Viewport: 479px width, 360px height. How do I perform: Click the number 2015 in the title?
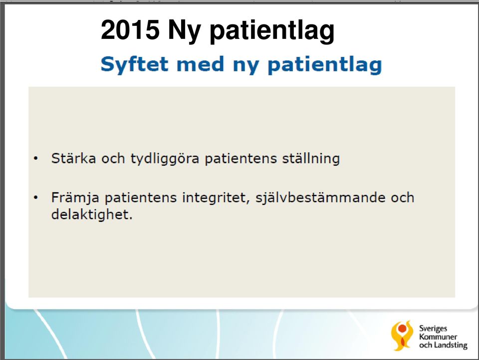coord(130,29)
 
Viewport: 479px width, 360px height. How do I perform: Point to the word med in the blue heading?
coord(201,64)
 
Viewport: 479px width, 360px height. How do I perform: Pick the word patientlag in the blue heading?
coord(325,65)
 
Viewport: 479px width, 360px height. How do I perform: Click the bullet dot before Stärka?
coord(36,159)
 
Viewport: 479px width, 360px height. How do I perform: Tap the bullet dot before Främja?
coord(36,197)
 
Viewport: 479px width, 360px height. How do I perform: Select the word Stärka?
coord(73,158)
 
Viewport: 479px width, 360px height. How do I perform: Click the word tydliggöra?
coord(165,159)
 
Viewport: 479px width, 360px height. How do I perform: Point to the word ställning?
coord(311,159)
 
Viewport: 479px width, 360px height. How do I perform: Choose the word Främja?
coord(75,198)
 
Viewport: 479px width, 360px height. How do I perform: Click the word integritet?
coord(216,198)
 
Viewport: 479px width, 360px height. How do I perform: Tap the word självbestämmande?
coord(320,198)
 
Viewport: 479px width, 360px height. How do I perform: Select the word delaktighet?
coord(92,214)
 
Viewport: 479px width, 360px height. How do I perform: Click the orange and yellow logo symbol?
coord(402,336)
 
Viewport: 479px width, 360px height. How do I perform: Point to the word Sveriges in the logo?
coord(433,329)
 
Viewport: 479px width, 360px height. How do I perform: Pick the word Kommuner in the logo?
coord(438,337)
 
